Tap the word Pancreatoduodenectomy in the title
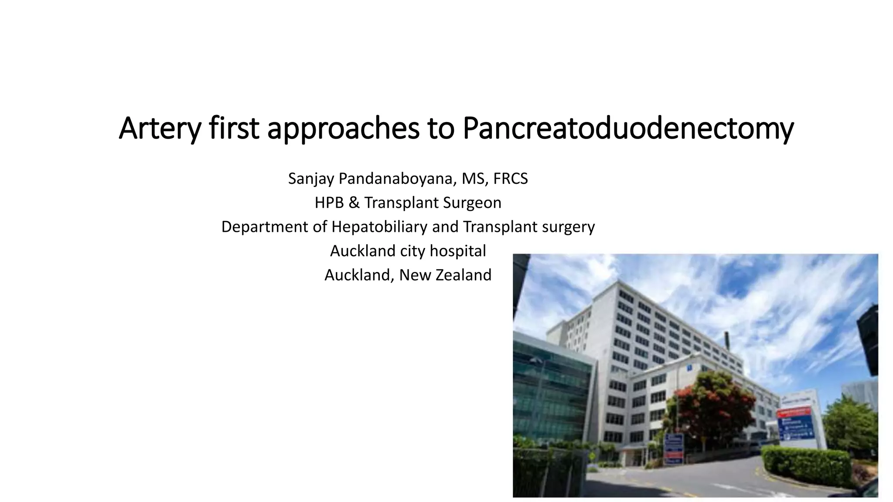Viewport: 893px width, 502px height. coord(627,129)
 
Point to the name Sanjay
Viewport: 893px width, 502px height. coord(311,179)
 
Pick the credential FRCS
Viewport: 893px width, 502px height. coord(510,179)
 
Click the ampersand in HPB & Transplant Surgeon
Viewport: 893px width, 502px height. coord(354,203)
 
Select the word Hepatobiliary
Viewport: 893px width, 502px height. coord(379,227)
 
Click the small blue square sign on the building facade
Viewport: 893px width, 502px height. coord(689,368)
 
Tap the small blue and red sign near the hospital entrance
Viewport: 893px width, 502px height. coord(674,449)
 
